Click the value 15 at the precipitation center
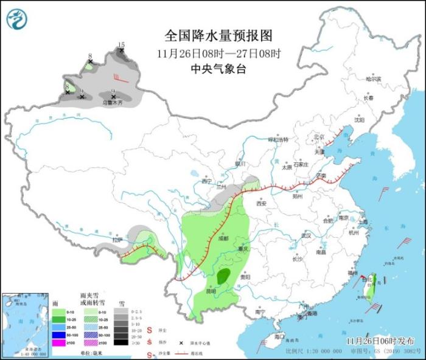(121, 45)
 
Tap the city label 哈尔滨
(372, 79)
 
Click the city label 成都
(223, 238)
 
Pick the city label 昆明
(210, 291)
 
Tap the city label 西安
(262, 204)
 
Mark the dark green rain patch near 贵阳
(224, 276)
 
